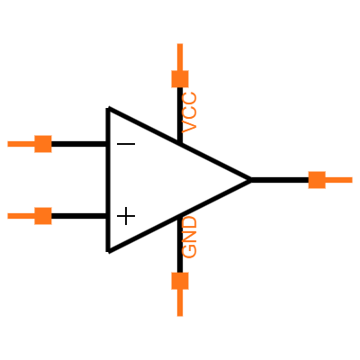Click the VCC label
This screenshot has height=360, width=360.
click(189, 112)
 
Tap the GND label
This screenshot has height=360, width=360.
click(189, 237)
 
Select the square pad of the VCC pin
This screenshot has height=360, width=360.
click(180, 79)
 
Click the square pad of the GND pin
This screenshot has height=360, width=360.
click(180, 281)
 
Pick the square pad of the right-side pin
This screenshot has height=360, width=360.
click(317, 180)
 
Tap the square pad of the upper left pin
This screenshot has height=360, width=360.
click(43, 144)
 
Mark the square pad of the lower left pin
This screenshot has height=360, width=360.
click(43, 216)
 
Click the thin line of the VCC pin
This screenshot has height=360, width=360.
click(180, 57)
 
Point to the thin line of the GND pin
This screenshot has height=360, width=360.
click(180, 303)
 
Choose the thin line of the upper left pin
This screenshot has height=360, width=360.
click(21, 144)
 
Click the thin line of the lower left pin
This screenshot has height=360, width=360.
click(21, 216)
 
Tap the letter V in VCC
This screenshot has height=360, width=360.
click(189, 127)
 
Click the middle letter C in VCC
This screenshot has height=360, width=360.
click(189, 112)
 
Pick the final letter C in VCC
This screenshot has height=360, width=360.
click(189, 99)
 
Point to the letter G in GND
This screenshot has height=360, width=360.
click(189, 251)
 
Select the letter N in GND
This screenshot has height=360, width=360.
click(189, 237)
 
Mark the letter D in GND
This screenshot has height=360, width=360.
click(189, 223)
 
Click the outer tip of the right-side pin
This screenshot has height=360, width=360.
click(351, 180)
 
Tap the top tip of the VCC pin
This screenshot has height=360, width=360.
click(180, 45)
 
